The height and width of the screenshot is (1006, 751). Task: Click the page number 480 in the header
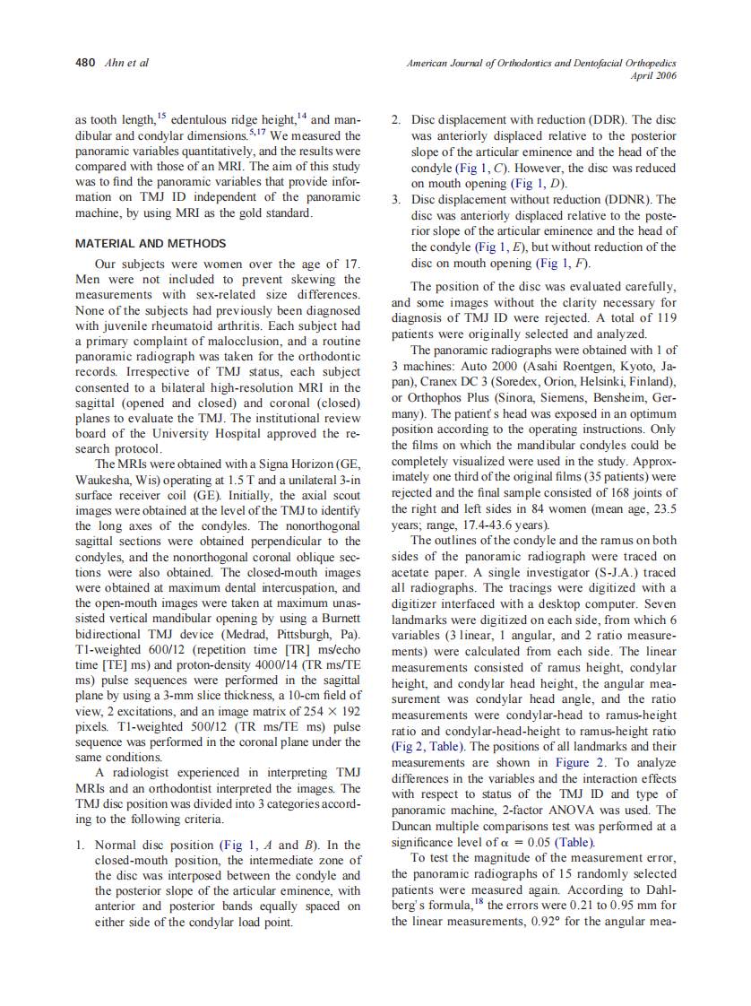(x=84, y=63)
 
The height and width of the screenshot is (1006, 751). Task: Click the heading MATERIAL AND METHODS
(x=151, y=243)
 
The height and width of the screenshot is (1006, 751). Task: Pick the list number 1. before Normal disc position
(x=81, y=845)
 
